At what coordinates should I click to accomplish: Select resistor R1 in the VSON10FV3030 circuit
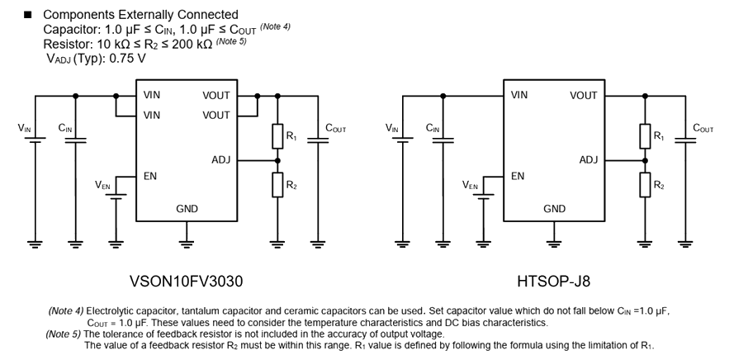(x=278, y=135)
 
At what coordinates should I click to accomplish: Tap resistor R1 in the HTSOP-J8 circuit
(x=646, y=135)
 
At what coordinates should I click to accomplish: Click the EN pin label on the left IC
(x=149, y=176)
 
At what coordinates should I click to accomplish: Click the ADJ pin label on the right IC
(x=588, y=160)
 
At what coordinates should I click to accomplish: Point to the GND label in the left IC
(x=187, y=209)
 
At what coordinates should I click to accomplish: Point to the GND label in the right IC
(x=554, y=209)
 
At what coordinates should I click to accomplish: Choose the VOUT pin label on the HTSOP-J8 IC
(x=583, y=96)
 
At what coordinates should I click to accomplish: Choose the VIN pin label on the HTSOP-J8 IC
(x=519, y=96)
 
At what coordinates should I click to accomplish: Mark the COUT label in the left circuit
(x=336, y=128)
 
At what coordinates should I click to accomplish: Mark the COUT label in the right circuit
(x=703, y=128)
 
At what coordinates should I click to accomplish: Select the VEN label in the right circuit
(x=471, y=185)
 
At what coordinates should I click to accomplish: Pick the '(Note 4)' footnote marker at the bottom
(x=65, y=311)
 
